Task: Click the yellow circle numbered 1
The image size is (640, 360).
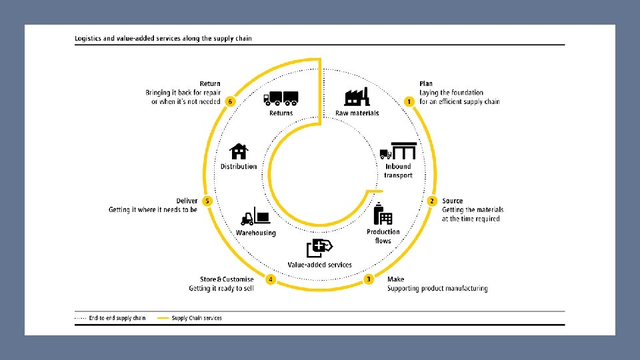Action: click(409, 101)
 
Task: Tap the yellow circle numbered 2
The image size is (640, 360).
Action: click(432, 201)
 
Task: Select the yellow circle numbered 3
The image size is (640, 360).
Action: click(369, 279)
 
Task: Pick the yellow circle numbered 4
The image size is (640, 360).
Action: click(270, 279)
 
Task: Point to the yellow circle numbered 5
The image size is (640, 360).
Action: click(207, 201)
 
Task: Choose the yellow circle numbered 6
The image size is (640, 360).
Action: click(230, 101)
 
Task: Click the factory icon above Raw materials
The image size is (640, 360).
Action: click(357, 97)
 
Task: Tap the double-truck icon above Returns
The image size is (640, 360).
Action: click(281, 99)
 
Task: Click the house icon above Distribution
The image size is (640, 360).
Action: click(239, 151)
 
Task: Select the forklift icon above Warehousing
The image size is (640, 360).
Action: click(255, 216)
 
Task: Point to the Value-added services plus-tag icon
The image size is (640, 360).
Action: click(319, 248)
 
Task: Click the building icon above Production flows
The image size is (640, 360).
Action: click(383, 213)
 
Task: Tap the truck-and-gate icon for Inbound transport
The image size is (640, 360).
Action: click(399, 151)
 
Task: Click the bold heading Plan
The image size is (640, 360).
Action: click(426, 84)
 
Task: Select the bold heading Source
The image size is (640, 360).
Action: click(452, 201)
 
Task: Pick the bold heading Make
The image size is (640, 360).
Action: click(395, 279)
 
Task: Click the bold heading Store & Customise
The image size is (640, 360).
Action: click(227, 279)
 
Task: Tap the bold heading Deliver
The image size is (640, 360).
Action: click(187, 201)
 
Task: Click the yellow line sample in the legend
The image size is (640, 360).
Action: click(163, 318)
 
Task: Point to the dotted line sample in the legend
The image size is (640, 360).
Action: click(81, 318)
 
